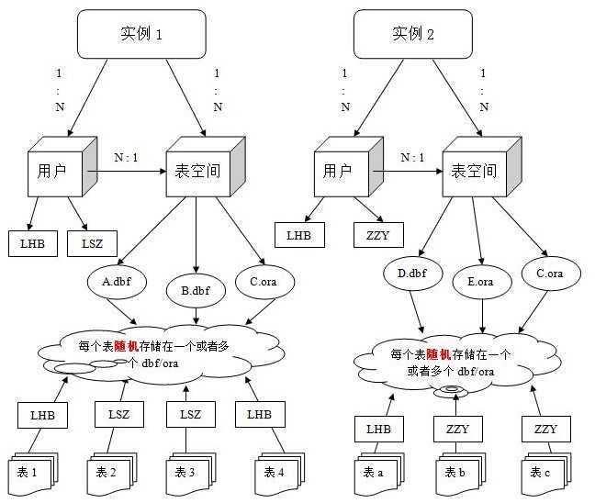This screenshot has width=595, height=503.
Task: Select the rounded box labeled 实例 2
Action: pos(413,36)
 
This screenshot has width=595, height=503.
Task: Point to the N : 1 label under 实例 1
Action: pos(126,157)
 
